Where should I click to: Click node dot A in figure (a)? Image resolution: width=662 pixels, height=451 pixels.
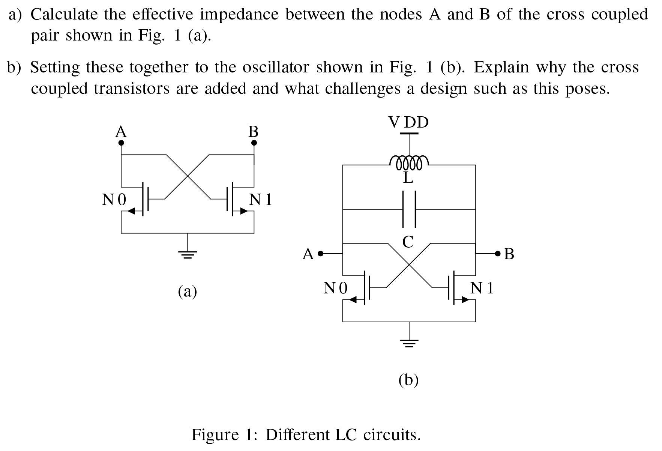tap(121, 143)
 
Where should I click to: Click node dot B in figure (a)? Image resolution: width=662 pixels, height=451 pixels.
tap(254, 143)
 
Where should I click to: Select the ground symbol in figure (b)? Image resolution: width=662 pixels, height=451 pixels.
tap(409, 343)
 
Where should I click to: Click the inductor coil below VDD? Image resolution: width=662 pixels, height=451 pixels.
tap(408, 162)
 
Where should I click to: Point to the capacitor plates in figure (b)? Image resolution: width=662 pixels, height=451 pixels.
tap(409, 209)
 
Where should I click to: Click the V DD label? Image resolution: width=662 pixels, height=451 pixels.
tap(408, 122)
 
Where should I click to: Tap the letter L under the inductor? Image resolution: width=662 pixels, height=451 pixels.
tap(408, 178)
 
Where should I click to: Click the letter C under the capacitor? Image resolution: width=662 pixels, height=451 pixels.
tap(408, 242)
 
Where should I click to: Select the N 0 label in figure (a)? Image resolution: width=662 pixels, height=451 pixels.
tap(114, 200)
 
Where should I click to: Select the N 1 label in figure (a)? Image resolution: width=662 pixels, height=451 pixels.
tap(261, 200)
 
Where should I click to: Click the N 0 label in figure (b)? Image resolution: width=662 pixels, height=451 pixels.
tap(336, 288)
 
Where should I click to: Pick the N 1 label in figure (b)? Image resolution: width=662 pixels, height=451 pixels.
tap(482, 288)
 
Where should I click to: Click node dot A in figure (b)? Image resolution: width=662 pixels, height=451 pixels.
tap(320, 254)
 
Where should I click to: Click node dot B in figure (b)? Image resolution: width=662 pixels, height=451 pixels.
tap(498, 254)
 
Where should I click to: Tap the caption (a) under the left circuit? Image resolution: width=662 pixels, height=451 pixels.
tap(188, 291)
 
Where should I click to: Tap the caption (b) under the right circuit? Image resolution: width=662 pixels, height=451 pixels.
tap(408, 380)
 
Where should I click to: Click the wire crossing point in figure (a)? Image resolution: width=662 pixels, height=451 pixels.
tap(188, 176)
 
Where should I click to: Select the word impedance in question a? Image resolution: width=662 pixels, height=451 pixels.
tap(239, 14)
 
